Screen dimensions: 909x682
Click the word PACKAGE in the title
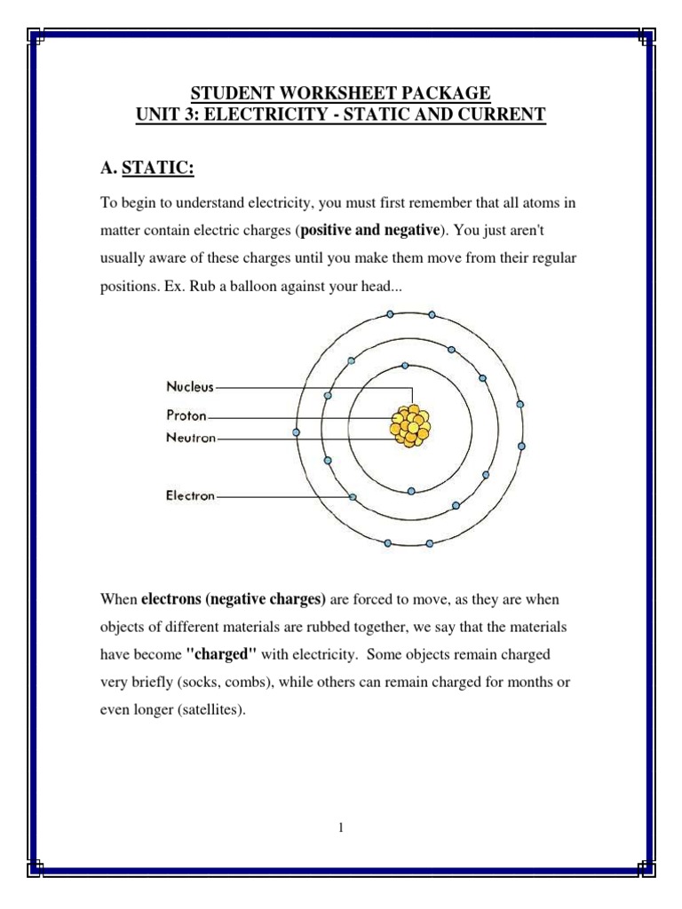tap(446, 93)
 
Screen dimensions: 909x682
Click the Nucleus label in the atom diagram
tap(190, 387)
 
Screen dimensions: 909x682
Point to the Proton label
tap(186, 415)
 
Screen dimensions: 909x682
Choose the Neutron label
tap(191, 438)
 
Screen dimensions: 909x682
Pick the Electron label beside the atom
tap(190, 496)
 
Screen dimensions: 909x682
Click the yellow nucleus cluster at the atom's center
tap(410, 424)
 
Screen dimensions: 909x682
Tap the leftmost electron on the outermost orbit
tap(296, 432)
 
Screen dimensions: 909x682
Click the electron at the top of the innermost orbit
tap(405, 365)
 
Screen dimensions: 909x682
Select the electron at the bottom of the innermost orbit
tap(410, 490)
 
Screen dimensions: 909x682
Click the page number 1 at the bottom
tap(340, 828)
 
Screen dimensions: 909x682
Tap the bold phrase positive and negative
tap(370, 231)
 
